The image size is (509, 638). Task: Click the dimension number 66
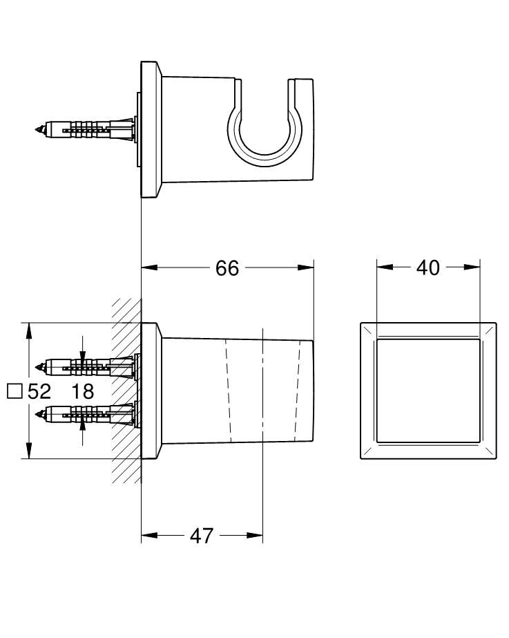[227, 269]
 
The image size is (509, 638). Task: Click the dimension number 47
[201, 536]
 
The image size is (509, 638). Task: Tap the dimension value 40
[428, 268]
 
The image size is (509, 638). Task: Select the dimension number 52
[39, 391]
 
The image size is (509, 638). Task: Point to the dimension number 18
[82, 391]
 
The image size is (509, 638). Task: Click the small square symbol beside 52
[15, 391]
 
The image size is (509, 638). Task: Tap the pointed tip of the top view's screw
[37, 130]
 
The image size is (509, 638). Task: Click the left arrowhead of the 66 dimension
[149, 268]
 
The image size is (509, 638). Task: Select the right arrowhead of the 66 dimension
[306, 268]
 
